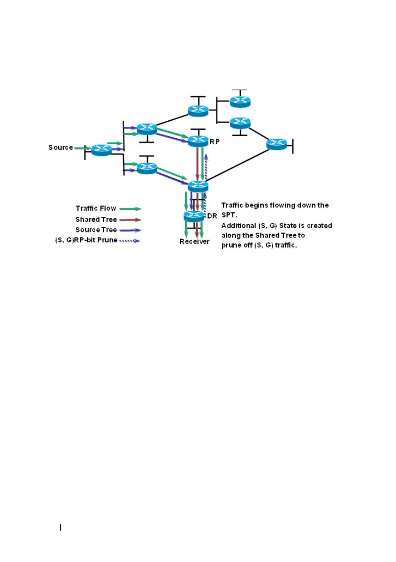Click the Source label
coord(60,148)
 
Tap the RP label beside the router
coord(214,141)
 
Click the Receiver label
coord(194,242)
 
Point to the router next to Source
coord(101,150)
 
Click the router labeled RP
coord(198,140)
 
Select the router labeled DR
coord(194,216)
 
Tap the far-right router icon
coord(276,144)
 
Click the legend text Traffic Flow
coord(96,208)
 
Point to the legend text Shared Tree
coord(96,219)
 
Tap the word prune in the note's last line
coord(231,246)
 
